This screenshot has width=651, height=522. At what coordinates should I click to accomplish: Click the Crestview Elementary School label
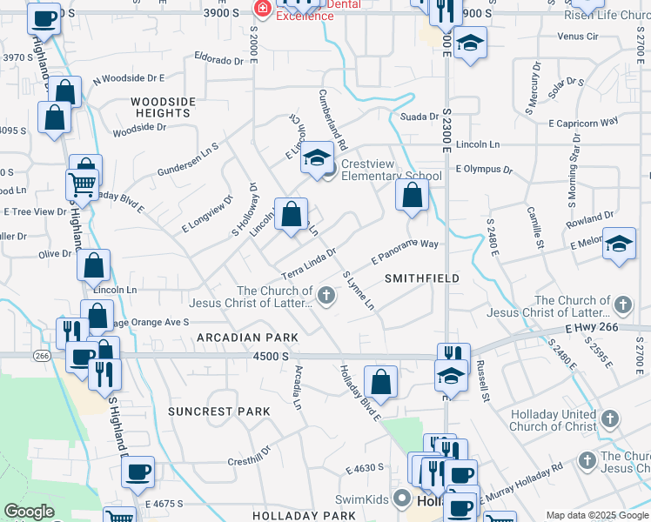tap(391, 170)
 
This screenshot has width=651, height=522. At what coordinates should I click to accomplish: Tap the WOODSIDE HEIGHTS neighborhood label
tap(164, 107)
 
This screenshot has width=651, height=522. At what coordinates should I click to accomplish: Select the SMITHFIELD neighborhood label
tap(421, 278)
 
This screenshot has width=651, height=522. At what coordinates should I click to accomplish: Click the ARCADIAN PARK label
tap(247, 337)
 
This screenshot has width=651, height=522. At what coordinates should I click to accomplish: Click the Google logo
tap(28, 512)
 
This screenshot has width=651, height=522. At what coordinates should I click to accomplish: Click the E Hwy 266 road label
tap(589, 328)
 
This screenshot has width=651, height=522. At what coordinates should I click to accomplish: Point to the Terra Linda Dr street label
tap(308, 262)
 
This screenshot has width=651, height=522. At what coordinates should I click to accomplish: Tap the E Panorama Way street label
tap(405, 251)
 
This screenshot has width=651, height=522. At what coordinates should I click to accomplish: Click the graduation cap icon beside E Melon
tap(619, 244)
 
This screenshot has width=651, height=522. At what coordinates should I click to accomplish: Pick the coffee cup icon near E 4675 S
tap(138, 472)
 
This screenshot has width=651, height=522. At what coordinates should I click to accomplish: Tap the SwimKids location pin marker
tap(402, 499)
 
